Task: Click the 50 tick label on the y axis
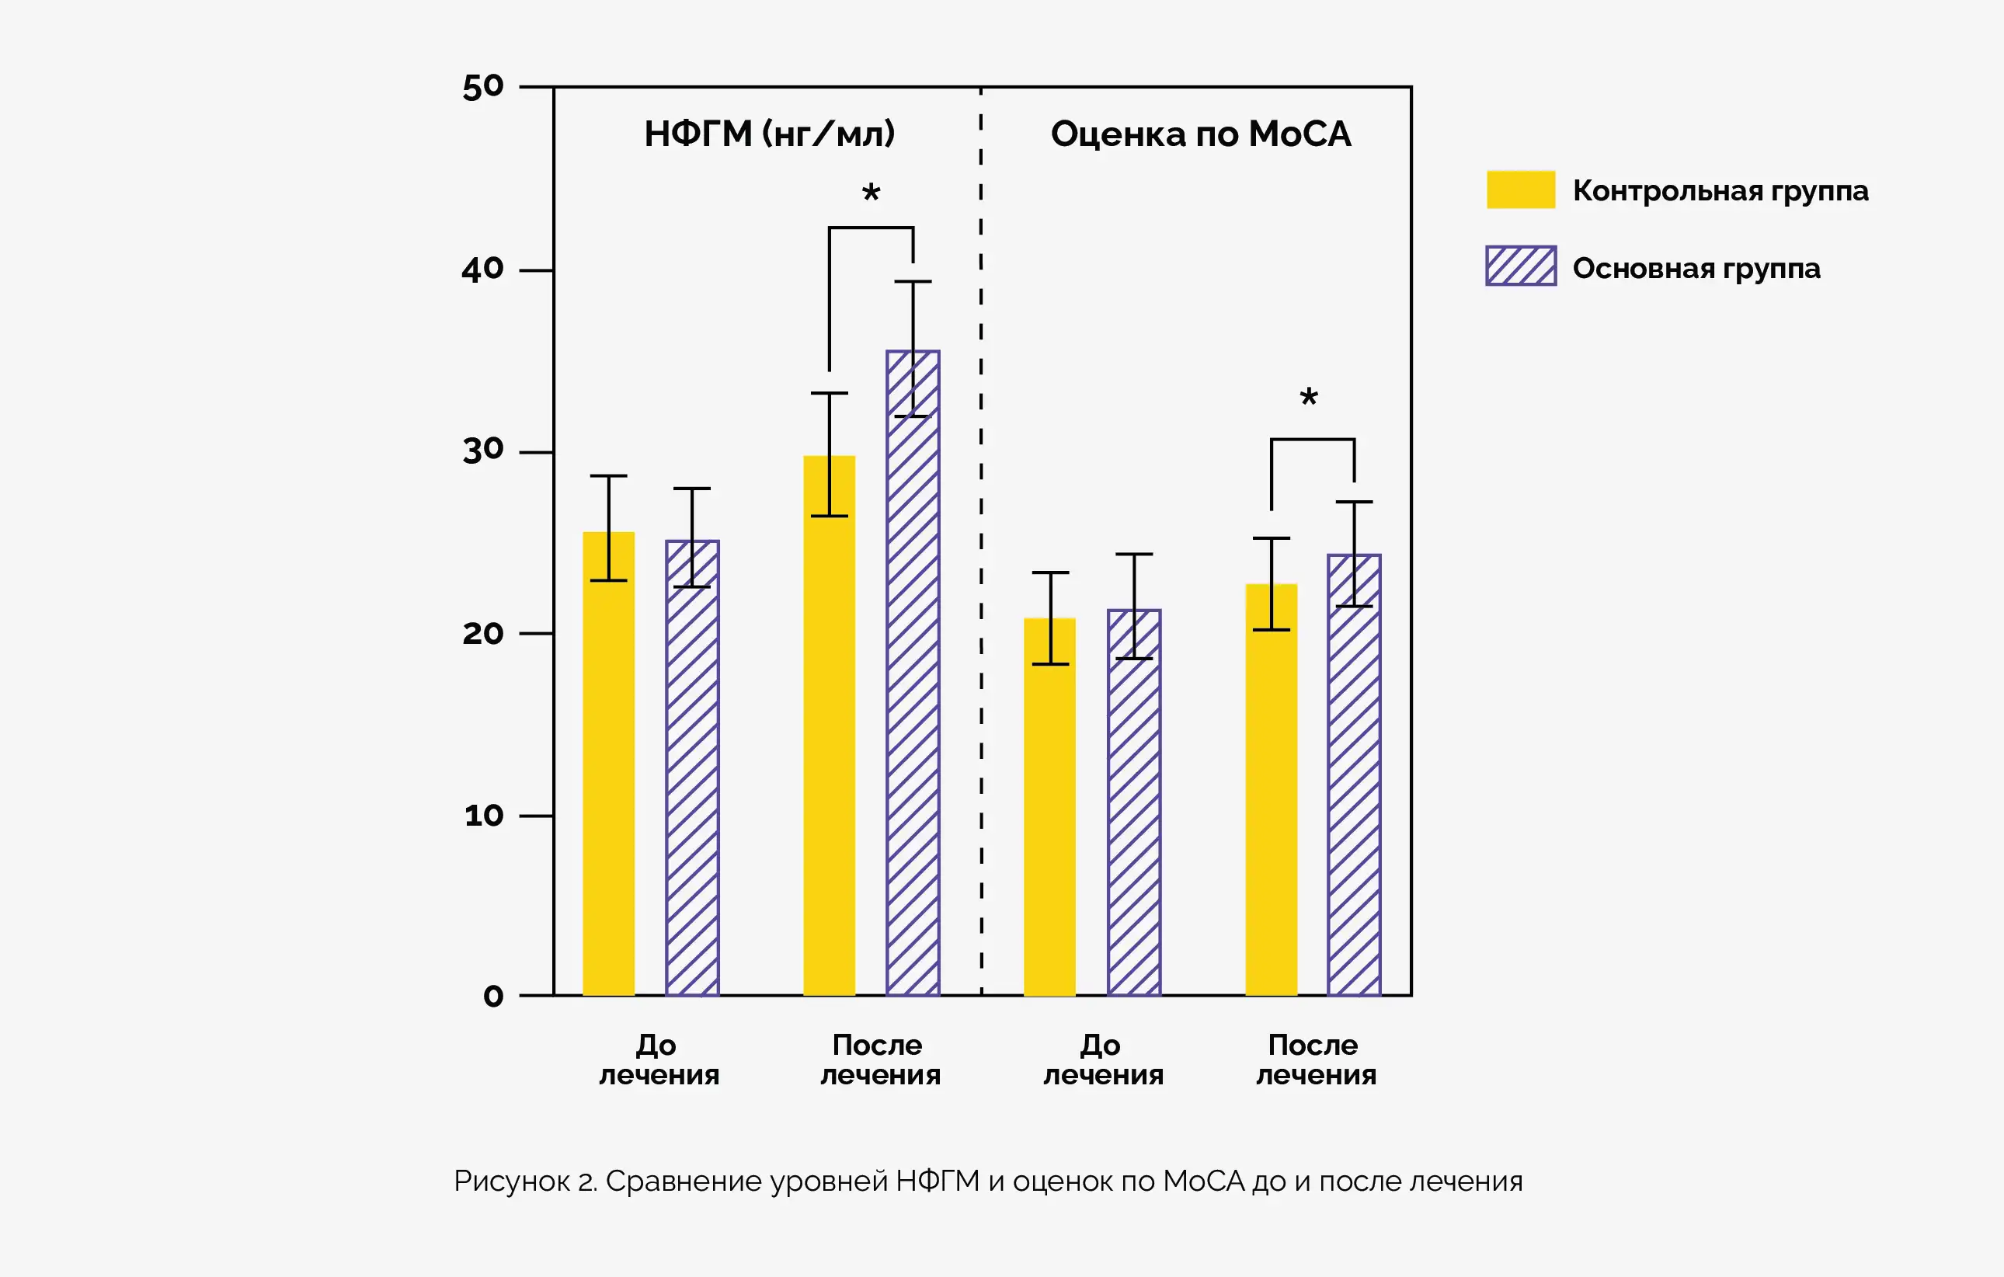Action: point(482,86)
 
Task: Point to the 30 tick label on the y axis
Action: point(482,451)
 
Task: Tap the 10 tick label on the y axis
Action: point(483,815)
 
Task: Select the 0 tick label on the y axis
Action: point(493,996)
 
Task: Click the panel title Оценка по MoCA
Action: point(1200,134)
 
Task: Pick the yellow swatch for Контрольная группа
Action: point(1521,190)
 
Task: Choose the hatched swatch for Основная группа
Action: point(1521,266)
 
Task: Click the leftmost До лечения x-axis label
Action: point(659,1060)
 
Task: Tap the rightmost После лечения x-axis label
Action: point(1316,1060)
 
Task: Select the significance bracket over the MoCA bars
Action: point(1313,440)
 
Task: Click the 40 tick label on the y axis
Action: point(482,269)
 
